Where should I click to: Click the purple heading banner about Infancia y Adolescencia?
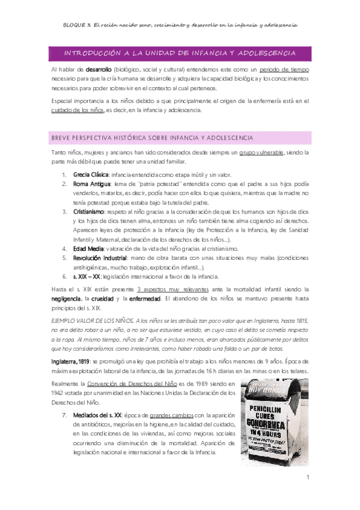pyautogui.click(x=180, y=54)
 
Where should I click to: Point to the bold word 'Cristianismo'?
pyautogui.click(x=89, y=212)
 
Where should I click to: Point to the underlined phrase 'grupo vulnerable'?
pyautogui.click(x=261, y=154)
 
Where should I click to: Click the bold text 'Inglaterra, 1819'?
pyautogui.click(x=71, y=360)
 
